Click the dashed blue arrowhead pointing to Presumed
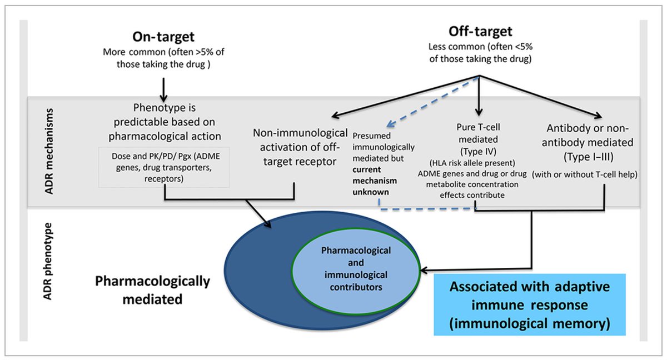click(x=391, y=126)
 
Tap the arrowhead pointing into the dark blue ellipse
click(x=268, y=224)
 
